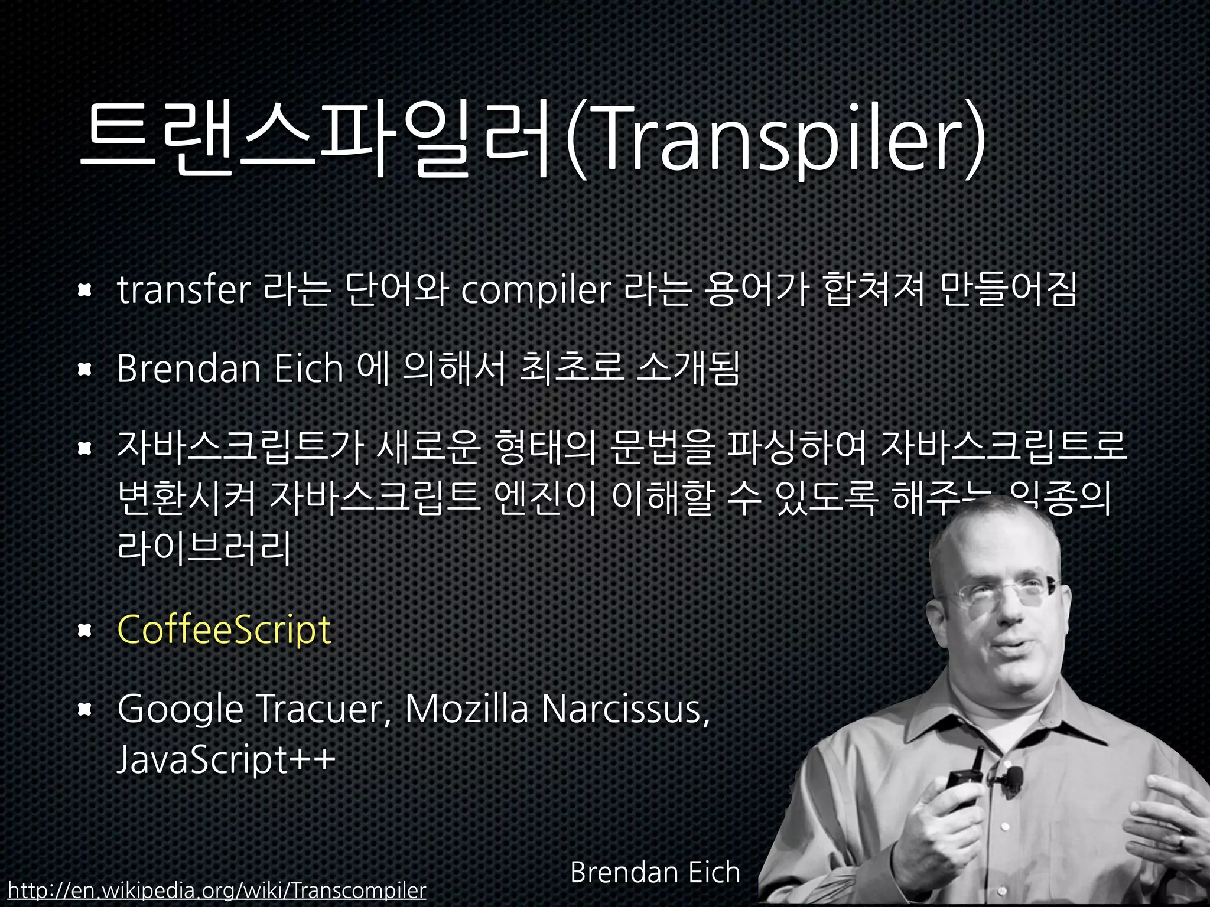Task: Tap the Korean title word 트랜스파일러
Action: point(317,142)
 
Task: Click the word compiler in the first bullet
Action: point(535,291)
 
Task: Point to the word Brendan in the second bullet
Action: point(189,368)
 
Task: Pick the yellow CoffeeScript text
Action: point(224,629)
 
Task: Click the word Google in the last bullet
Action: point(180,709)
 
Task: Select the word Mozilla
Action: point(467,708)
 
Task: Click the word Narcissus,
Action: point(626,708)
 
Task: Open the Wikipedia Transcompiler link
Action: point(217,890)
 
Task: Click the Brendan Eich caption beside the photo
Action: point(655,872)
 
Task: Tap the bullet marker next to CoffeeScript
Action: point(85,631)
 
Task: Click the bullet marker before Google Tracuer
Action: point(85,709)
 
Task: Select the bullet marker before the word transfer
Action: point(85,290)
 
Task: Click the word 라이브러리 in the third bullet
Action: point(204,548)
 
